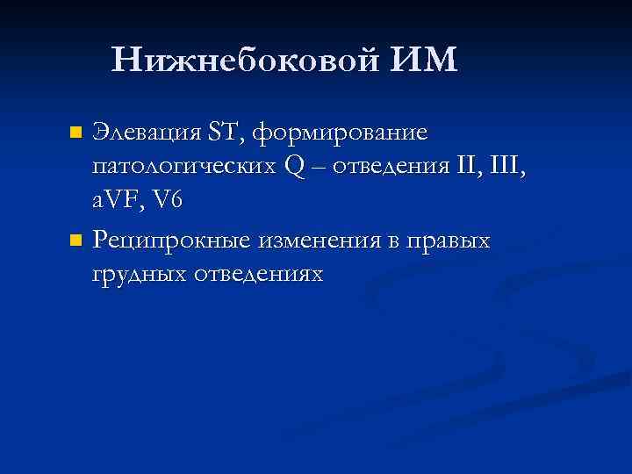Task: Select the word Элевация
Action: tap(147, 133)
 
